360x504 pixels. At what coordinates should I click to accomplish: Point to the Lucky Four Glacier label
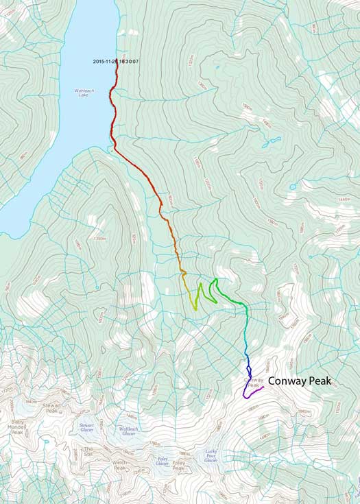(211, 455)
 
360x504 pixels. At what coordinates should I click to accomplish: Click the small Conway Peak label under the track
(253, 383)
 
